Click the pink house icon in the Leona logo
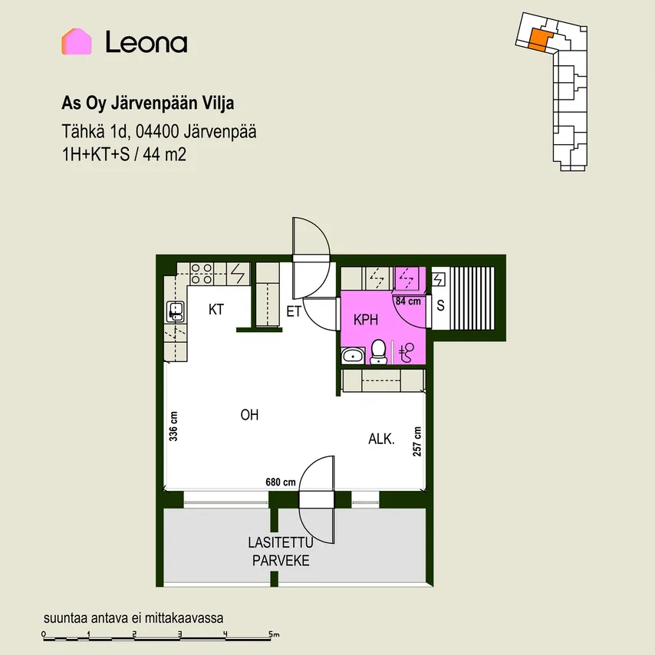coord(77,41)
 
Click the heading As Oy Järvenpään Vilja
coord(148,104)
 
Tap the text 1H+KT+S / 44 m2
coord(124,155)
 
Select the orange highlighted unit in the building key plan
coord(538,40)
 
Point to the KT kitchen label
coord(216,310)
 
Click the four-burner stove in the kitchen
coord(202,274)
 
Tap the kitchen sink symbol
coord(176,311)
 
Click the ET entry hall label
coord(294,311)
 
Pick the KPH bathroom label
coord(366,320)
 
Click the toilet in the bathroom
coord(378,352)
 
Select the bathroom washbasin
coord(354,356)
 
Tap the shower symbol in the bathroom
coord(406,352)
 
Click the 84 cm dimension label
coord(408,301)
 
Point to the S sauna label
coord(440,306)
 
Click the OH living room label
coord(249,415)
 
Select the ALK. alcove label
coord(381,439)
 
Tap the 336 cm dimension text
coord(173,426)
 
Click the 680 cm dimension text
coord(280,482)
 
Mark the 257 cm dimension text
coord(417,441)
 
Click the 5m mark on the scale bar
coord(274,634)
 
